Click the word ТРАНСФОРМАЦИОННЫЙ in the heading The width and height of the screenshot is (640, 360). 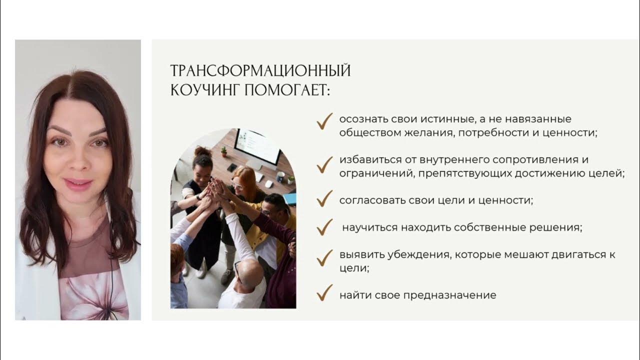260,71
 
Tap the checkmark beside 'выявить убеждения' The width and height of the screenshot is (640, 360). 324,257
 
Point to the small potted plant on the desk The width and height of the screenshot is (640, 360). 224,151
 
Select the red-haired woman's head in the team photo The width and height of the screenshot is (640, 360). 244,177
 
